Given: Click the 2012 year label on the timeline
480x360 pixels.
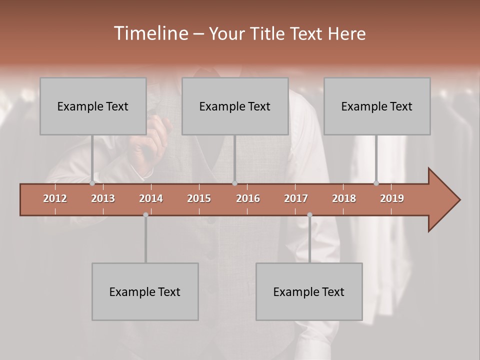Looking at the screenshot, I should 55,198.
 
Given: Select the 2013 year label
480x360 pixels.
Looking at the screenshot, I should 103,198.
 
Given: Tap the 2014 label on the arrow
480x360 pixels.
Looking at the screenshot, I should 151,198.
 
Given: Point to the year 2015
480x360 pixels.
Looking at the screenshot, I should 199,198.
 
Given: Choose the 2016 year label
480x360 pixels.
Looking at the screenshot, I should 248,198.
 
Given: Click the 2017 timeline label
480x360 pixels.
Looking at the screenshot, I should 296,198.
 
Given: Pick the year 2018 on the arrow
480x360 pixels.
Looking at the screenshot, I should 344,198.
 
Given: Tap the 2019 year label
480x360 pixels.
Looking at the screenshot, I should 392,198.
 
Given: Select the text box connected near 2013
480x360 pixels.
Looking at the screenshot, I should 93,106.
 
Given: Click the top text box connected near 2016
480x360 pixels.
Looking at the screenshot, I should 235,106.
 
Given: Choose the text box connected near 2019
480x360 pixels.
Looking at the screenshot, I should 377,106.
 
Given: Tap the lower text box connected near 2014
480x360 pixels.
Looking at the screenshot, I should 145,291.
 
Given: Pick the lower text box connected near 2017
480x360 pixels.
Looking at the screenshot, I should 309,291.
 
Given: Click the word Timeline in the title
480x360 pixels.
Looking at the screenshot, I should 150,33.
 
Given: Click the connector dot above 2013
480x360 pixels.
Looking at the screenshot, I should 92,183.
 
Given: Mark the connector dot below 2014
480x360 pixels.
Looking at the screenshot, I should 145,215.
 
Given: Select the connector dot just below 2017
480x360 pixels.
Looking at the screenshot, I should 309,215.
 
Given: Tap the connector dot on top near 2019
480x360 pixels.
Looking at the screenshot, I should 376,183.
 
